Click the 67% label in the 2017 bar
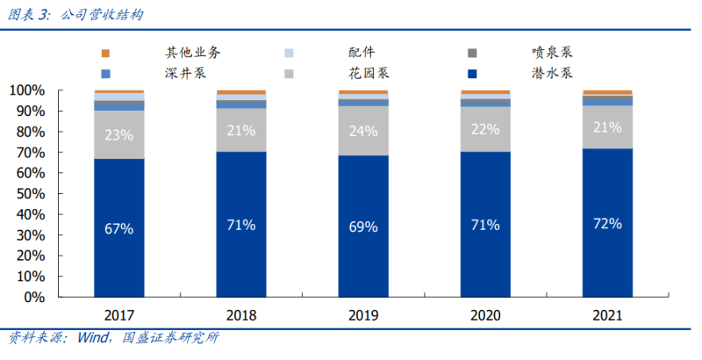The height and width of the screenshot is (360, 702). pyautogui.click(x=118, y=229)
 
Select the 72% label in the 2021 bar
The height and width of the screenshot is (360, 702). pyautogui.click(x=607, y=223)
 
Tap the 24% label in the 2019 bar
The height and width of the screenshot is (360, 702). pyautogui.click(x=363, y=132)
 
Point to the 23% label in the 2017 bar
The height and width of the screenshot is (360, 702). pyautogui.click(x=118, y=135)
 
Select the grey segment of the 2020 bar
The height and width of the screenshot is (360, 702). pyautogui.click(x=485, y=129)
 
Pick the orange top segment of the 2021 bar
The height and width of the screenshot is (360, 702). pyautogui.click(x=607, y=92)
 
